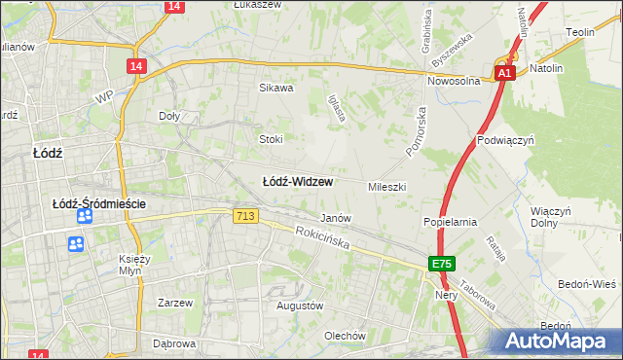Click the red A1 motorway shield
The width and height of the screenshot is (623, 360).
tap(503, 73)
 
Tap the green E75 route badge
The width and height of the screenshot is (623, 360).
tap(442, 264)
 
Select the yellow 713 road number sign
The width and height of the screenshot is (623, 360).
tap(245, 216)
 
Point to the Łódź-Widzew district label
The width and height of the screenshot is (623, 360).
tap(298, 182)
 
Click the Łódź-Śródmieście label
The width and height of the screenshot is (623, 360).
tap(98, 203)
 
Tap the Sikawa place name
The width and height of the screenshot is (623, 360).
tap(275, 88)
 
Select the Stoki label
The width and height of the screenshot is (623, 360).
tap(270, 139)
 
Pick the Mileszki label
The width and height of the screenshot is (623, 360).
tap(386, 186)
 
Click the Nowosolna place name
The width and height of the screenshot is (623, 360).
tap(454, 82)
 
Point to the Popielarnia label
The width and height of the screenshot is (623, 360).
tap(449, 222)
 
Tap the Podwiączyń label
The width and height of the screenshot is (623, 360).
tap(506, 140)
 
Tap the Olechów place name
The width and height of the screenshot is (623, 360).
tap(345, 337)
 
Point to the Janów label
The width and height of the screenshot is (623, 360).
tap(336, 218)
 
